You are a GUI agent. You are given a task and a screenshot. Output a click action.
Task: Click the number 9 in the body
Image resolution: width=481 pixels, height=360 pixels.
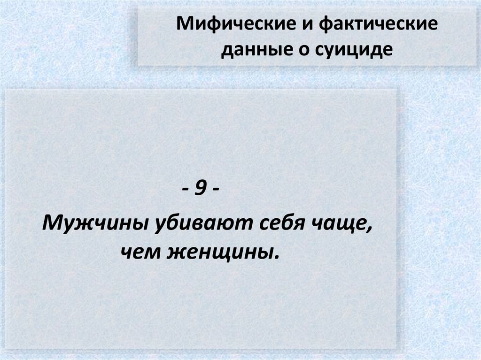(200, 191)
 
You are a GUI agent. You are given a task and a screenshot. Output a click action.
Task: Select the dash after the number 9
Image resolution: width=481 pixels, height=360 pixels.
(215, 191)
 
